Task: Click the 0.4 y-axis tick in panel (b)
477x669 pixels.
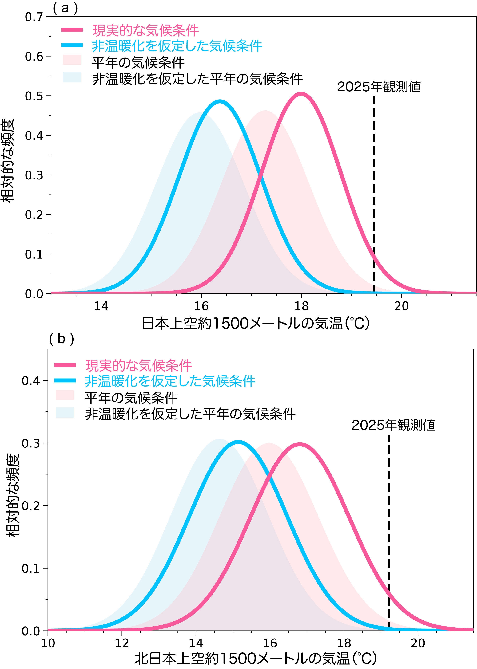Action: click(x=31, y=381)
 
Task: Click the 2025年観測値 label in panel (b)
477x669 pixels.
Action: click(x=393, y=425)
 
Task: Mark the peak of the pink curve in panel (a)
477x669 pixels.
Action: click(x=301, y=94)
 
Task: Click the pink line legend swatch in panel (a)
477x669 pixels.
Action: click(x=72, y=30)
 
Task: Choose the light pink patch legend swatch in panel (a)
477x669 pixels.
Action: click(x=72, y=60)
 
